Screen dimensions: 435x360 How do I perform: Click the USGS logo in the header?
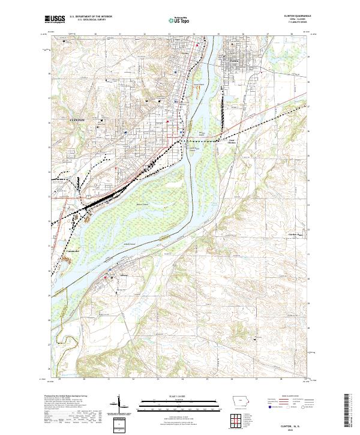tap(55, 20)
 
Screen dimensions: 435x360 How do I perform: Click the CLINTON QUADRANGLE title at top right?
tap(294, 17)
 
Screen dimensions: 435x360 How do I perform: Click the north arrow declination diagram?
tap(119, 405)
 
